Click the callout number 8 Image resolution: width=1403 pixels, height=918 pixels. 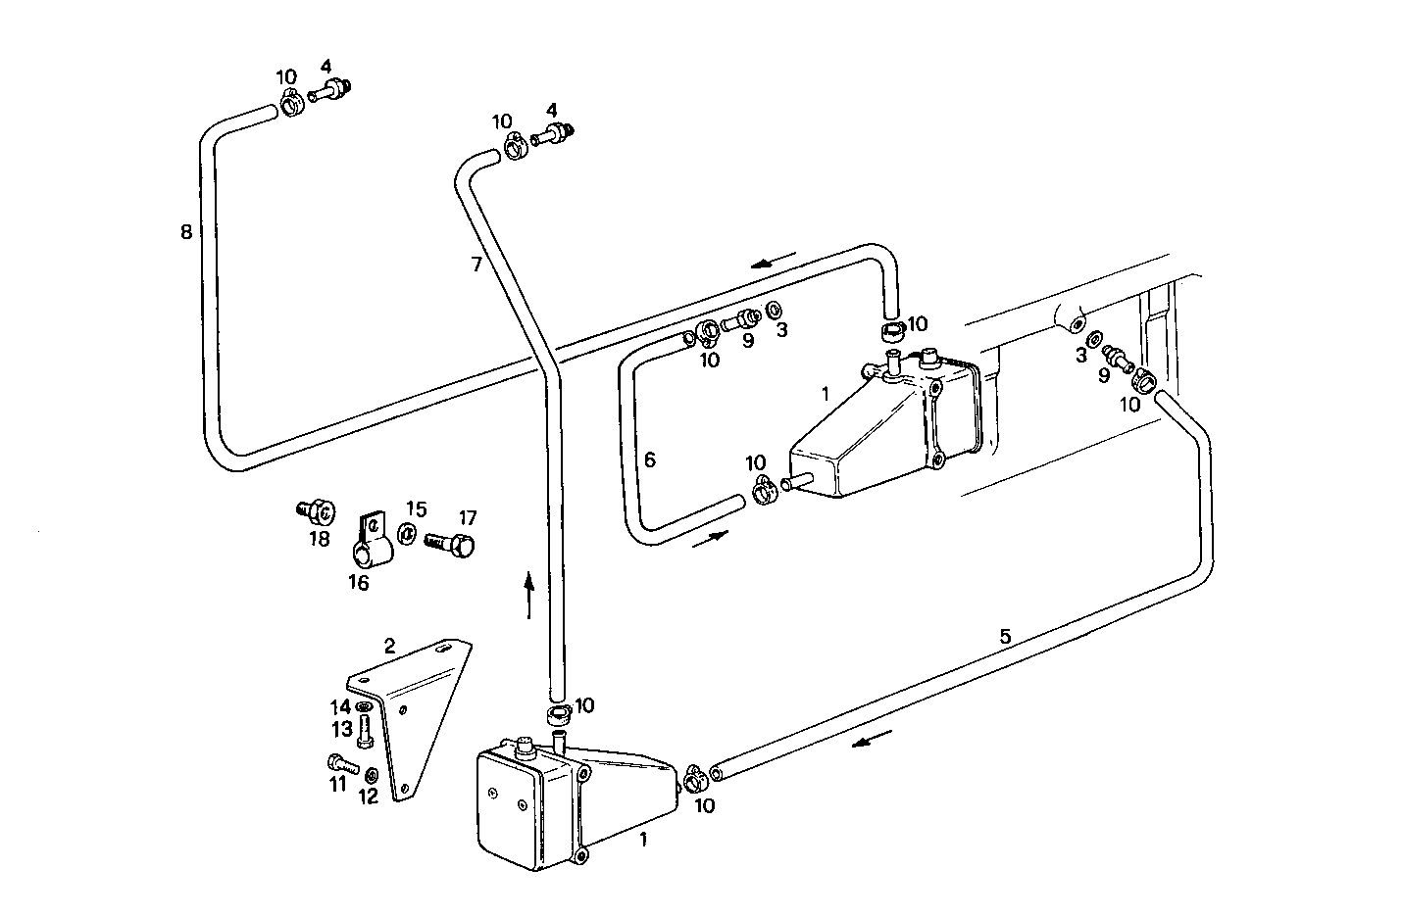186,233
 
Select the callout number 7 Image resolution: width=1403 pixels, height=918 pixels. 476,265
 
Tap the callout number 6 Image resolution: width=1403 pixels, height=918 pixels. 649,459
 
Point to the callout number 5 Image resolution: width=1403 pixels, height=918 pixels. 1005,636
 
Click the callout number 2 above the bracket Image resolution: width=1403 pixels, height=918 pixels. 389,646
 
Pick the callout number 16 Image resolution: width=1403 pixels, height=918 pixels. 359,583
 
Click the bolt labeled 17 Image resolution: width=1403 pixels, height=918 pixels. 451,541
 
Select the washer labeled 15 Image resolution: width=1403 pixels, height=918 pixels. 405,534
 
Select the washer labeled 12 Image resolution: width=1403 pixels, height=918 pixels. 372,776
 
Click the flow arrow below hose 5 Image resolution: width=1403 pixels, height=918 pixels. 872,742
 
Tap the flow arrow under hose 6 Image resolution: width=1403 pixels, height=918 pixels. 710,539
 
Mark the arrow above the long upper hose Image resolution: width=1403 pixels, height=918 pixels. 775,263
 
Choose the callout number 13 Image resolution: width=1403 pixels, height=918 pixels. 341,730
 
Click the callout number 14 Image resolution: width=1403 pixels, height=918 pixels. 339,706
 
